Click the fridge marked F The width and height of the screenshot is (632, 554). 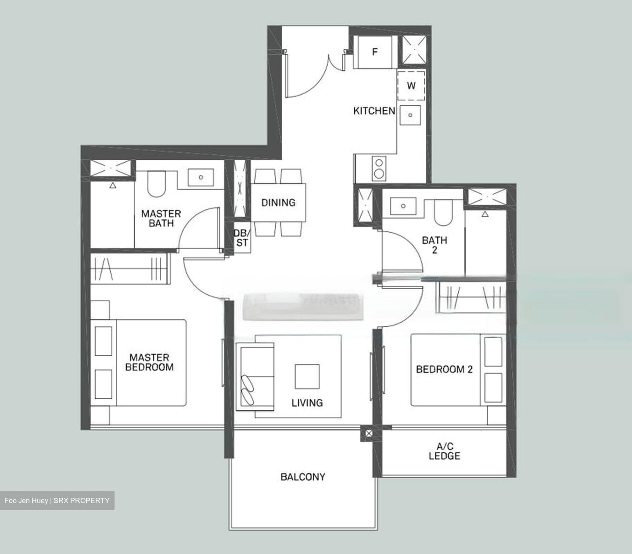pos(374,52)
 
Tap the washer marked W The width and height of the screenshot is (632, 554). pos(411,86)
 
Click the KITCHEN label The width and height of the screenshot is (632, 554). pos(374,111)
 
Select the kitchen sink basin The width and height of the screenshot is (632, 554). pos(410,115)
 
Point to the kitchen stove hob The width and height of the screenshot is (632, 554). pos(378,168)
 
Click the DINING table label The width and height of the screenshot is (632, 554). pos(278,203)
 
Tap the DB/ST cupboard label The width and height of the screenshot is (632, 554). pos(242,237)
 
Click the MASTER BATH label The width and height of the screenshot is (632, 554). pos(161,218)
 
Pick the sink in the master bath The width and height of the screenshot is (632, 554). pos(201,178)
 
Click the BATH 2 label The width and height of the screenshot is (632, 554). pos(434,245)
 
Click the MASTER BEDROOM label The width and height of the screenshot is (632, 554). pos(149,362)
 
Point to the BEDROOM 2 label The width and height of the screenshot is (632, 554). pos(444,369)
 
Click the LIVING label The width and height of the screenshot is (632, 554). pos(307,402)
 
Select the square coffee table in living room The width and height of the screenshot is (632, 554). pos(307,376)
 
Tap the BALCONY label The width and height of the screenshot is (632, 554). pos(303,476)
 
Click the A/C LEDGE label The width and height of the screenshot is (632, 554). pos(445,451)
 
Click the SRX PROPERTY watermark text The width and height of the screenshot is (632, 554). pos(81,500)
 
